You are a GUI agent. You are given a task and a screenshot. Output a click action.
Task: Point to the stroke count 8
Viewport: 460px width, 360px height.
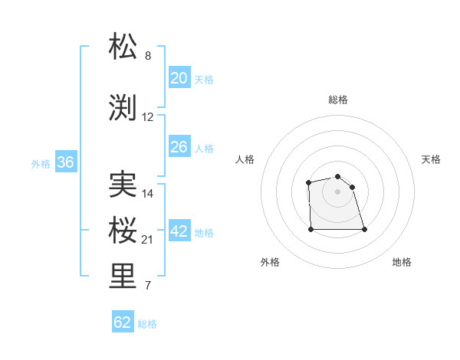pyautogui.click(x=148, y=56)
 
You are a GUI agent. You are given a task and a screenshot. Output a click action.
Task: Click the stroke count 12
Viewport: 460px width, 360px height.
pyautogui.click(x=148, y=117)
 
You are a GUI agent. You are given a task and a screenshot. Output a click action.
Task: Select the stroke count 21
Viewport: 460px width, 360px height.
pyautogui.click(x=148, y=240)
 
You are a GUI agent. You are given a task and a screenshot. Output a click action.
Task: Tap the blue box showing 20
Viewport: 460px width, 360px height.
pyautogui.click(x=179, y=78)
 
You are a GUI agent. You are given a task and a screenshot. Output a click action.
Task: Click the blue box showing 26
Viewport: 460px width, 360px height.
pyautogui.click(x=179, y=147)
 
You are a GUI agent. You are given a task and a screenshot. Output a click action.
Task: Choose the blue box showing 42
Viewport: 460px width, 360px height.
pyautogui.click(x=179, y=231)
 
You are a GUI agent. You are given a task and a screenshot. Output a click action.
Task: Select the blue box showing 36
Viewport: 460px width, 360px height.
pyautogui.click(x=65, y=162)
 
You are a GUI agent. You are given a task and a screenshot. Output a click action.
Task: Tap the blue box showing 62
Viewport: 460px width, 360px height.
pyautogui.click(x=123, y=322)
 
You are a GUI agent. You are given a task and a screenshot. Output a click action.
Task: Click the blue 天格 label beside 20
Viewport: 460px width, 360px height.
pyautogui.click(x=204, y=79)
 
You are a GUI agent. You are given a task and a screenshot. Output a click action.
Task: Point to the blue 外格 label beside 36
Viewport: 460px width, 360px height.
pyautogui.click(x=41, y=163)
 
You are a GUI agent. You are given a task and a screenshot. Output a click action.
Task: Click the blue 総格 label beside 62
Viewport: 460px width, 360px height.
pyautogui.click(x=147, y=323)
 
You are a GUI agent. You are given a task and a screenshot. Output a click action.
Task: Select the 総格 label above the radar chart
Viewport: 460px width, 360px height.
pyautogui.click(x=338, y=100)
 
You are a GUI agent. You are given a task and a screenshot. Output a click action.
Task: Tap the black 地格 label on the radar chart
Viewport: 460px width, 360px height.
pyautogui.click(x=402, y=262)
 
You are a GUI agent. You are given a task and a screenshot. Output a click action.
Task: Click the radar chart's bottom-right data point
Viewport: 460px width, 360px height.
pyautogui.click(x=363, y=229)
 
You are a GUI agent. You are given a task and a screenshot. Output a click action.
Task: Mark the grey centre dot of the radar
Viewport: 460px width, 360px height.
pyautogui.click(x=337, y=191)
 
